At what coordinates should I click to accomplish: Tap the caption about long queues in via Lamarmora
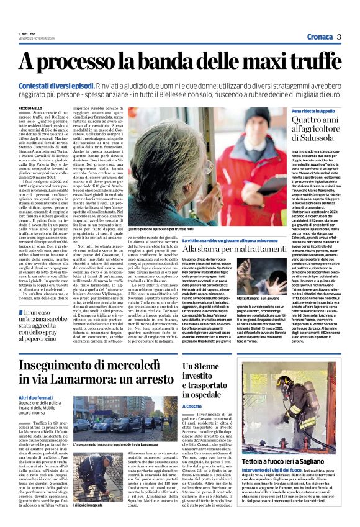point(115,445)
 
